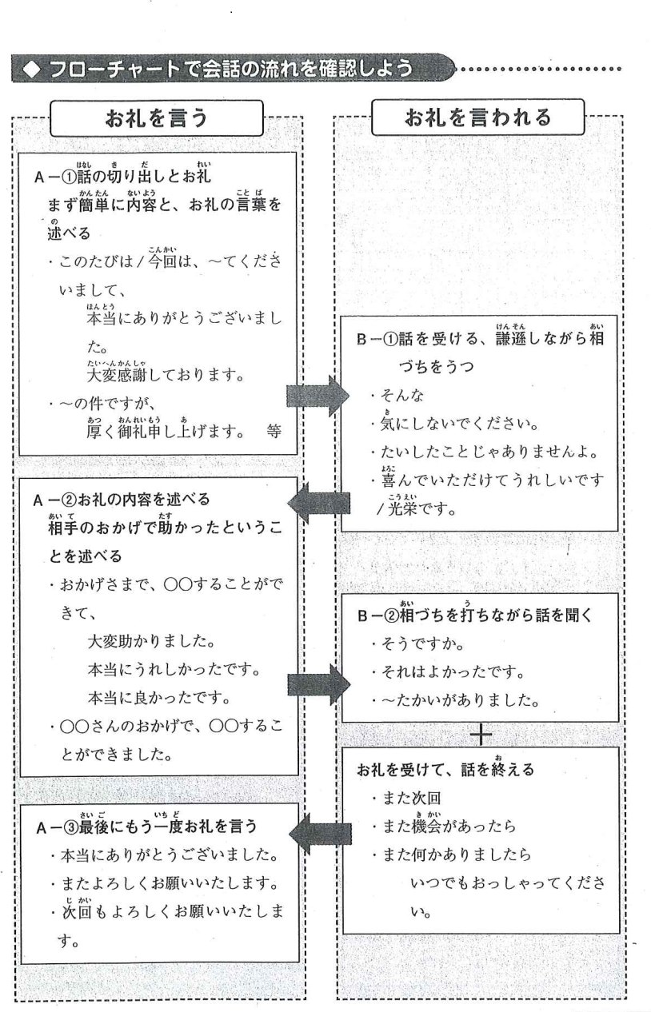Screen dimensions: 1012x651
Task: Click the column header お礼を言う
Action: click(x=157, y=118)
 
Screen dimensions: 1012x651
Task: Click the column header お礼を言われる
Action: click(x=478, y=118)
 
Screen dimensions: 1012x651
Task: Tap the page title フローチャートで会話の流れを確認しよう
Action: click(x=232, y=70)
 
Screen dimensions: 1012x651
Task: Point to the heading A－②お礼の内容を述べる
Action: click(x=122, y=500)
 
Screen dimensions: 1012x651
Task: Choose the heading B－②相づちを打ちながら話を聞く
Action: click(x=477, y=616)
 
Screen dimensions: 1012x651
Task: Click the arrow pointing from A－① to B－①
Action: click(x=318, y=394)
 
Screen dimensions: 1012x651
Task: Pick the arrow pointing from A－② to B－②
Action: click(x=318, y=684)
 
